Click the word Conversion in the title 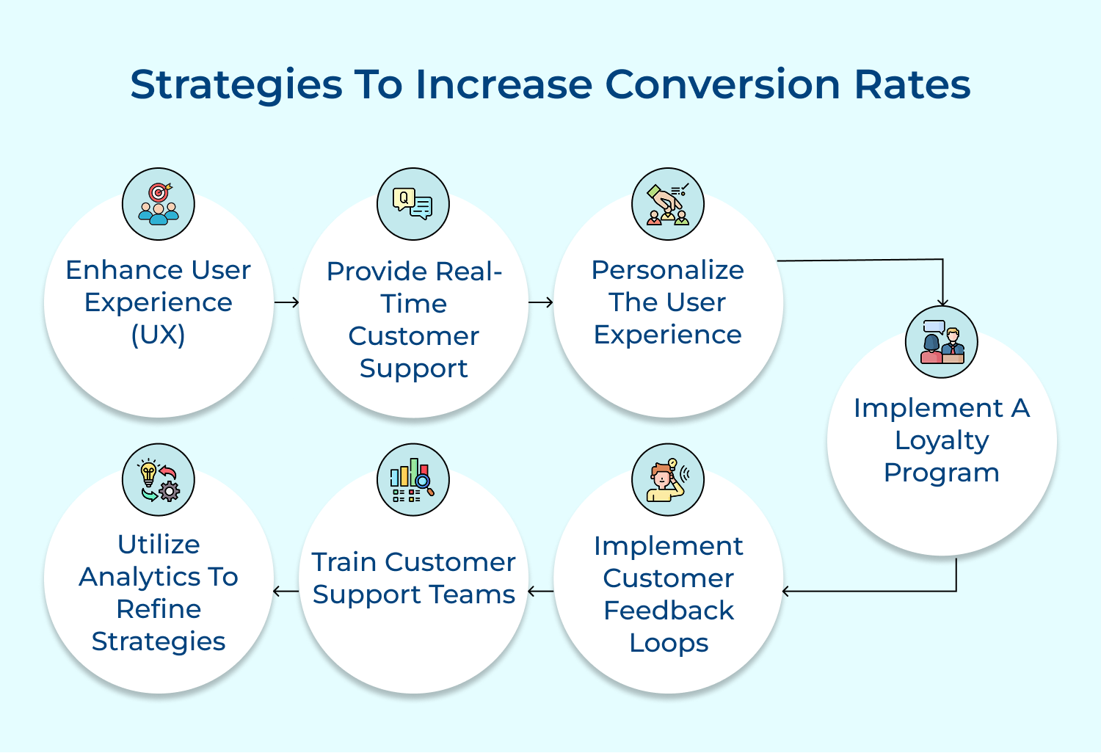point(722,84)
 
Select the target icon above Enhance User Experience point(159,204)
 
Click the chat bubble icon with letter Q point(413,204)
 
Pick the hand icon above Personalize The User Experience point(668,204)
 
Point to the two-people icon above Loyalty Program point(942,342)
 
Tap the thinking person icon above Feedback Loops point(668,479)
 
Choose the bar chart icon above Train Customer point(413,479)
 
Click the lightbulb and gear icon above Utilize point(159,479)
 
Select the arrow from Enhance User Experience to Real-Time point(286,302)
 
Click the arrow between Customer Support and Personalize point(541,302)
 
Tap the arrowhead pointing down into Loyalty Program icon point(942,302)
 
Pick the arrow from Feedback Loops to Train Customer point(541,591)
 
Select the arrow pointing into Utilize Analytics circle point(286,591)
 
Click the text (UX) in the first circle point(158,335)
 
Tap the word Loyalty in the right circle point(942,440)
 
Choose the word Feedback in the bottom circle point(669,611)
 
